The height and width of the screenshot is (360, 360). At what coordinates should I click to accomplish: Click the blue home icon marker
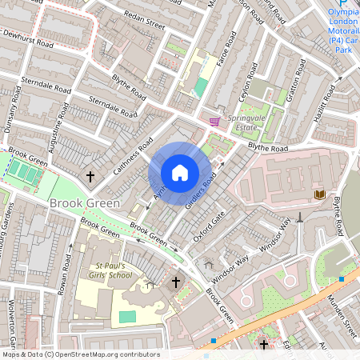180,173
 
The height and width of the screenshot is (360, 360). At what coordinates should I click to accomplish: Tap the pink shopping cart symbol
214,122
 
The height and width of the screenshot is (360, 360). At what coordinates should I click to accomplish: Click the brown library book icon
319,194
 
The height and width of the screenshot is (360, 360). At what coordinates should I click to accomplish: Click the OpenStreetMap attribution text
80,354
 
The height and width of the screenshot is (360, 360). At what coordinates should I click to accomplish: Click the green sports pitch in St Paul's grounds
127,317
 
